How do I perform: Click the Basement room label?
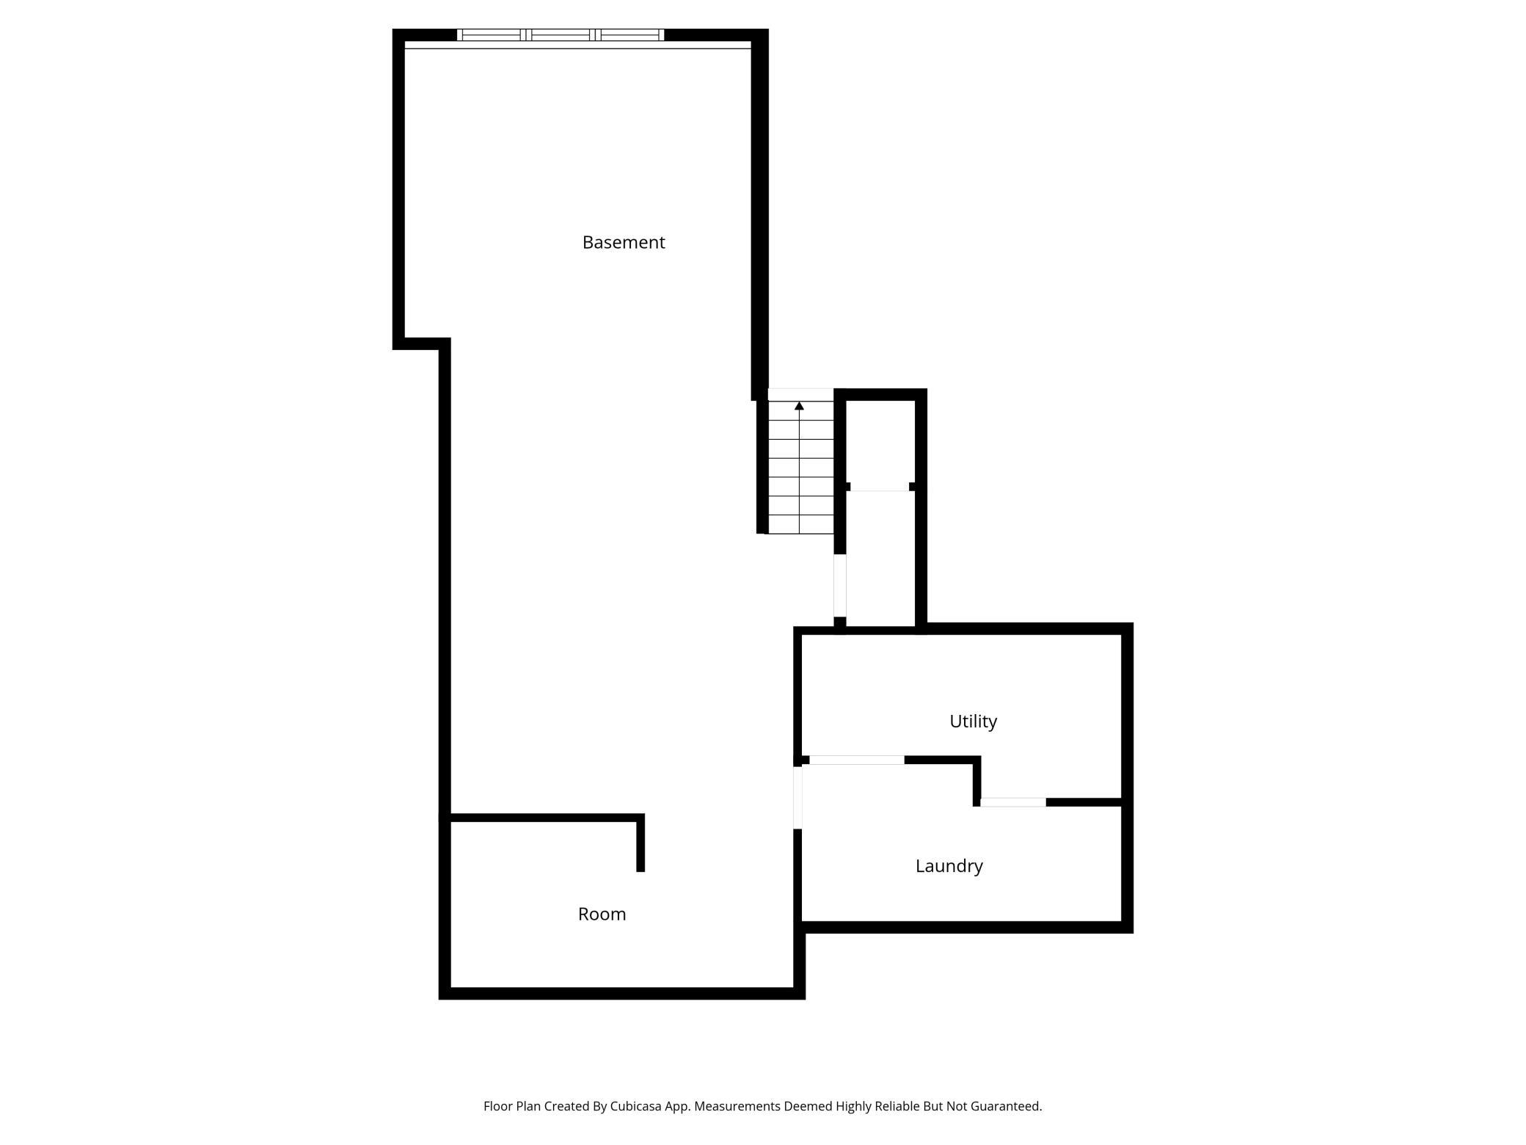[x=623, y=242]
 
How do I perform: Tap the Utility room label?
[x=973, y=721]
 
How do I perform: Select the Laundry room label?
[x=949, y=866]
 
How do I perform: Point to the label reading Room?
[x=602, y=915]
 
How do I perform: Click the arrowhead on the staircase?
[x=799, y=406]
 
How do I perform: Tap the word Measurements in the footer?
[x=737, y=1106]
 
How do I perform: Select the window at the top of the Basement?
[x=561, y=34]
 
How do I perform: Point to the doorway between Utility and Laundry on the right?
[x=1012, y=802]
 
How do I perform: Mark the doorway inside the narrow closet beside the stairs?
[x=880, y=487]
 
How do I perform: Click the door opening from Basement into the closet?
[x=840, y=586]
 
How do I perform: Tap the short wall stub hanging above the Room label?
[x=640, y=844]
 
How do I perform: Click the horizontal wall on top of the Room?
[x=543, y=818]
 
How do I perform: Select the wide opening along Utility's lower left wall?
[x=856, y=760]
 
